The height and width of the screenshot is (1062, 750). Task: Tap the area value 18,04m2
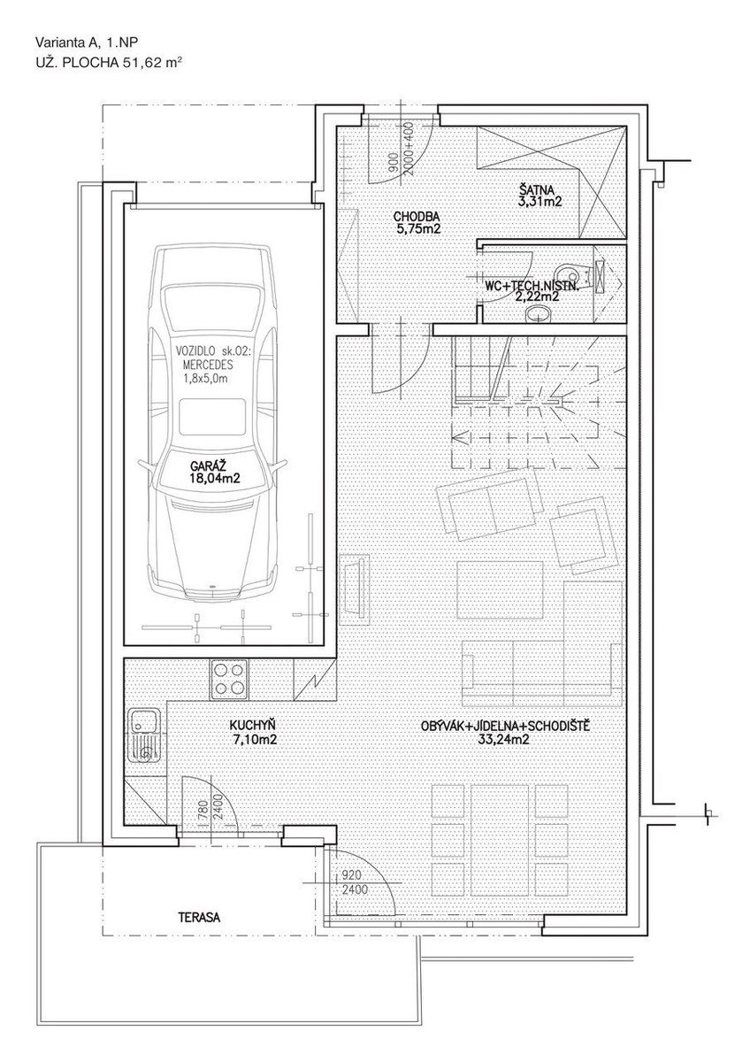click(x=214, y=479)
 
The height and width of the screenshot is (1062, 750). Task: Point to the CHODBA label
click(x=417, y=217)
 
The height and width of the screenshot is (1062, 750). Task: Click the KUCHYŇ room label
click(x=252, y=726)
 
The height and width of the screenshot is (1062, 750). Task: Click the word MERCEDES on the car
click(x=208, y=365)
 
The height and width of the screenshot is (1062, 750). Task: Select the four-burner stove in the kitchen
click(x=229, y=679)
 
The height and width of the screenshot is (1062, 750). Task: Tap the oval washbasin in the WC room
click(x=539, y=313)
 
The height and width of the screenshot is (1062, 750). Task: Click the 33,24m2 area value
click(x=506, y=739)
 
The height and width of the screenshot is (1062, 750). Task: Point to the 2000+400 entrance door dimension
click(x=409, y=150)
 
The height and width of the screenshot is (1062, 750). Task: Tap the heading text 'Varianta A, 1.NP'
click(x=86, y=42)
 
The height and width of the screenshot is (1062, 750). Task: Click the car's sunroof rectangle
click(x=213, y=416)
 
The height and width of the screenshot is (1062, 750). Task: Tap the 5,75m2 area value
click(x=419, y=229)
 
